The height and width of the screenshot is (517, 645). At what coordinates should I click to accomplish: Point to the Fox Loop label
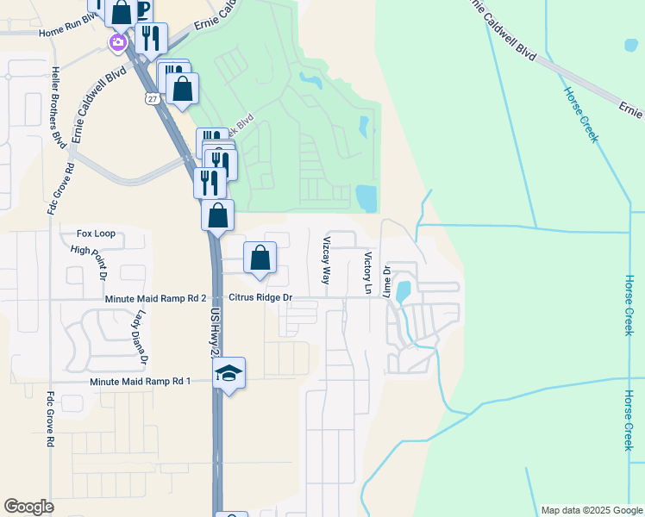96,234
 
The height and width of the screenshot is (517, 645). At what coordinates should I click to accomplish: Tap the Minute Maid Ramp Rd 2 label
155,298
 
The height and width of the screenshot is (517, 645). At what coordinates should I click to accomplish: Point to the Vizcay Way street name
327,261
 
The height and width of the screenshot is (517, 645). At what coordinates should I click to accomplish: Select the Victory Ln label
367,273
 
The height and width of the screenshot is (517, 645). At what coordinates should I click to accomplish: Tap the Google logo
28,507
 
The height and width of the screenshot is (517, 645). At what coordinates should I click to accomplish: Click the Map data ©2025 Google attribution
591,510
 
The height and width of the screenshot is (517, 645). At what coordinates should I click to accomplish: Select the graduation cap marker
229,373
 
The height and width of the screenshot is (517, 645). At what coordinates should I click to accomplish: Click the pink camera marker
117,41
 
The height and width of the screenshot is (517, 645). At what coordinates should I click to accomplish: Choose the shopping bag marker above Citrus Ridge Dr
260,258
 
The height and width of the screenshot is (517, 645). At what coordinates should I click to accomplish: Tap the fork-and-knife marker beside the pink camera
151,38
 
